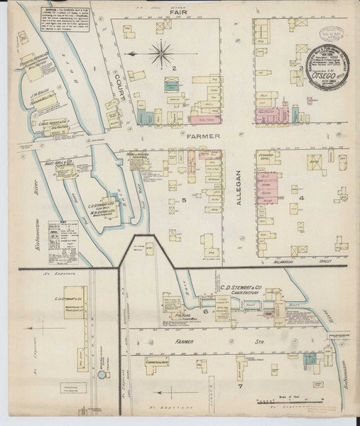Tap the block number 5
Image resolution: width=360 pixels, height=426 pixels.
(x=183, y=202)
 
